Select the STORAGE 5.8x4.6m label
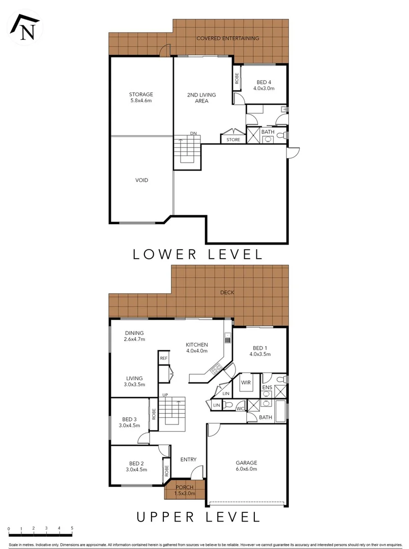tap(141, 97)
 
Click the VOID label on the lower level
tap(141, 180)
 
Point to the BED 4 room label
tap(265, 85)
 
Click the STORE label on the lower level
tap(233, 139)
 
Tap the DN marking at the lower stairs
tap(193, 134)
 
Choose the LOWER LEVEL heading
tap(198, 254)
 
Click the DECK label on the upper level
tap(227, 292)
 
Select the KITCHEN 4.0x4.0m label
tap(196, 347)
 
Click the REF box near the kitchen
tap(163, 358)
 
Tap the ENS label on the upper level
tap(267, 387)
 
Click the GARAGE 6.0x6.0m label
tap(246, 466)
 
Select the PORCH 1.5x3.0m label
tap(185, 490)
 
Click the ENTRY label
tap(188, 460)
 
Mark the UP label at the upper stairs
tap(165, 394)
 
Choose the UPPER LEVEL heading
tap(198, 517)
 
